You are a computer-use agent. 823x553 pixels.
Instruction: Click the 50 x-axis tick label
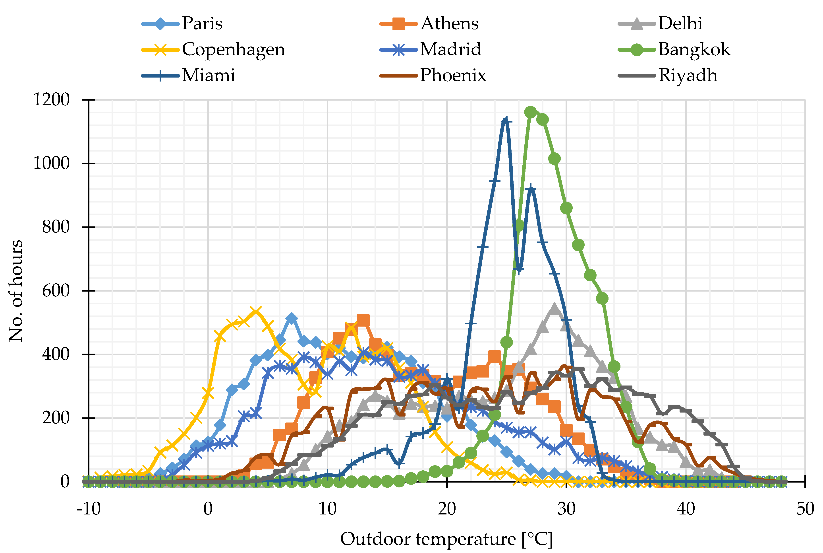[x=805, y=509]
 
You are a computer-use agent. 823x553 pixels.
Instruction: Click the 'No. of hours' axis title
[x=16, y=291]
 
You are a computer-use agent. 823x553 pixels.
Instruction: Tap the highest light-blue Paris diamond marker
[x=291, y=318]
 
